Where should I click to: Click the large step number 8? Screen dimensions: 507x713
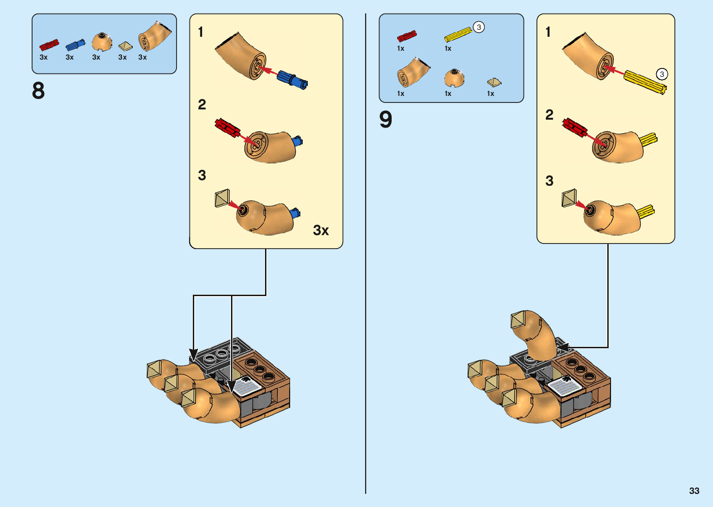pyautogui.click(x=39, y=91)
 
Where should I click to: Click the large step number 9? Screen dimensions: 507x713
pyautogui.click(x=386, y=120)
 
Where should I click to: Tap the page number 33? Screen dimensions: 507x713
pyautogui.click(x=694, y=491)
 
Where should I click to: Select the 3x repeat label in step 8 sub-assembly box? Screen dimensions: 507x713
pyautogui.click(x=321, y=230)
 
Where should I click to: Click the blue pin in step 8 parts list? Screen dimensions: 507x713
pyautogui.click(x=75, y=45)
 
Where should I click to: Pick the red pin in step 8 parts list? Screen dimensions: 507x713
pyautogui.click(x=49, y=45)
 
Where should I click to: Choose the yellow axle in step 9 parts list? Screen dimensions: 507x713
pyautogui.click(x=458, y=34)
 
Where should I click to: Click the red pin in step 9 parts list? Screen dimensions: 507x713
pyautogui.click(x=407, y=36)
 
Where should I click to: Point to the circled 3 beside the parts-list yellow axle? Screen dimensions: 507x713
pyautogui.click(x=479, y=27)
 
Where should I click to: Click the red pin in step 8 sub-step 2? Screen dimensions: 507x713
pyautogui.click(x=227, y=128)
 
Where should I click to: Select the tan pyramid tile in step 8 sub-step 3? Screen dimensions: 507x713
pyautogui.click(x=222, y=198)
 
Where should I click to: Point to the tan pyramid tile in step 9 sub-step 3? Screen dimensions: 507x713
pyautogui.click(x=569, y=198)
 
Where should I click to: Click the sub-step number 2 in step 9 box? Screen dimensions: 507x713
pyautogui.click(x=550, y=115)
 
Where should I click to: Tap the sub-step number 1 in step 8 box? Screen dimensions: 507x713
pyautogui.click(x=201, y=32)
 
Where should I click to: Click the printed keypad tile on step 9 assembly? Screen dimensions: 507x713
pyautogui.click(x=564, y=387)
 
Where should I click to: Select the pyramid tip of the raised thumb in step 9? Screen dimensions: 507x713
pyautogui.click(x=520, y=321)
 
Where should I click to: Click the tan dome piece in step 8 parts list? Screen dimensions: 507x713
pyautogui.click(x=102, y=42)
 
